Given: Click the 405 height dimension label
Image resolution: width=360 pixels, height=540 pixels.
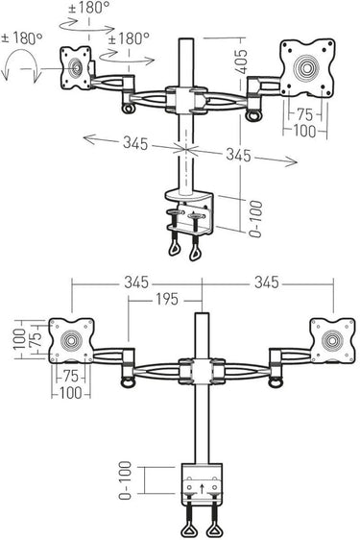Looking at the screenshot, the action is coord(242,61).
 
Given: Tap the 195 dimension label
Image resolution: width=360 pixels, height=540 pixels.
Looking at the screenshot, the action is coord(167,299).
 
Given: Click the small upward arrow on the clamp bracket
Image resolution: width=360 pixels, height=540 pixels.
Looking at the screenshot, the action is coord(202,488).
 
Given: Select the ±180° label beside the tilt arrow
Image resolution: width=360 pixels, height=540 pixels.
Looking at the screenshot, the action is coord(22,38).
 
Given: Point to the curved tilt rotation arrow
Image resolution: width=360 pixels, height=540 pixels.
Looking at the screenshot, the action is coord(19,64).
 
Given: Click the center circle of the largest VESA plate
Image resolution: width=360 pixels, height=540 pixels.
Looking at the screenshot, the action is coord(306,68).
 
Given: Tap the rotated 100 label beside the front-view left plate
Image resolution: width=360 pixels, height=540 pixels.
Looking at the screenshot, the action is coord(20,339).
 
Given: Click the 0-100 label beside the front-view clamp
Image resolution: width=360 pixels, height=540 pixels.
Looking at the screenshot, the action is coord(125,480).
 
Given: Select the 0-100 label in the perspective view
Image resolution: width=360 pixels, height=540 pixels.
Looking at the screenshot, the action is coord(255,219).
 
